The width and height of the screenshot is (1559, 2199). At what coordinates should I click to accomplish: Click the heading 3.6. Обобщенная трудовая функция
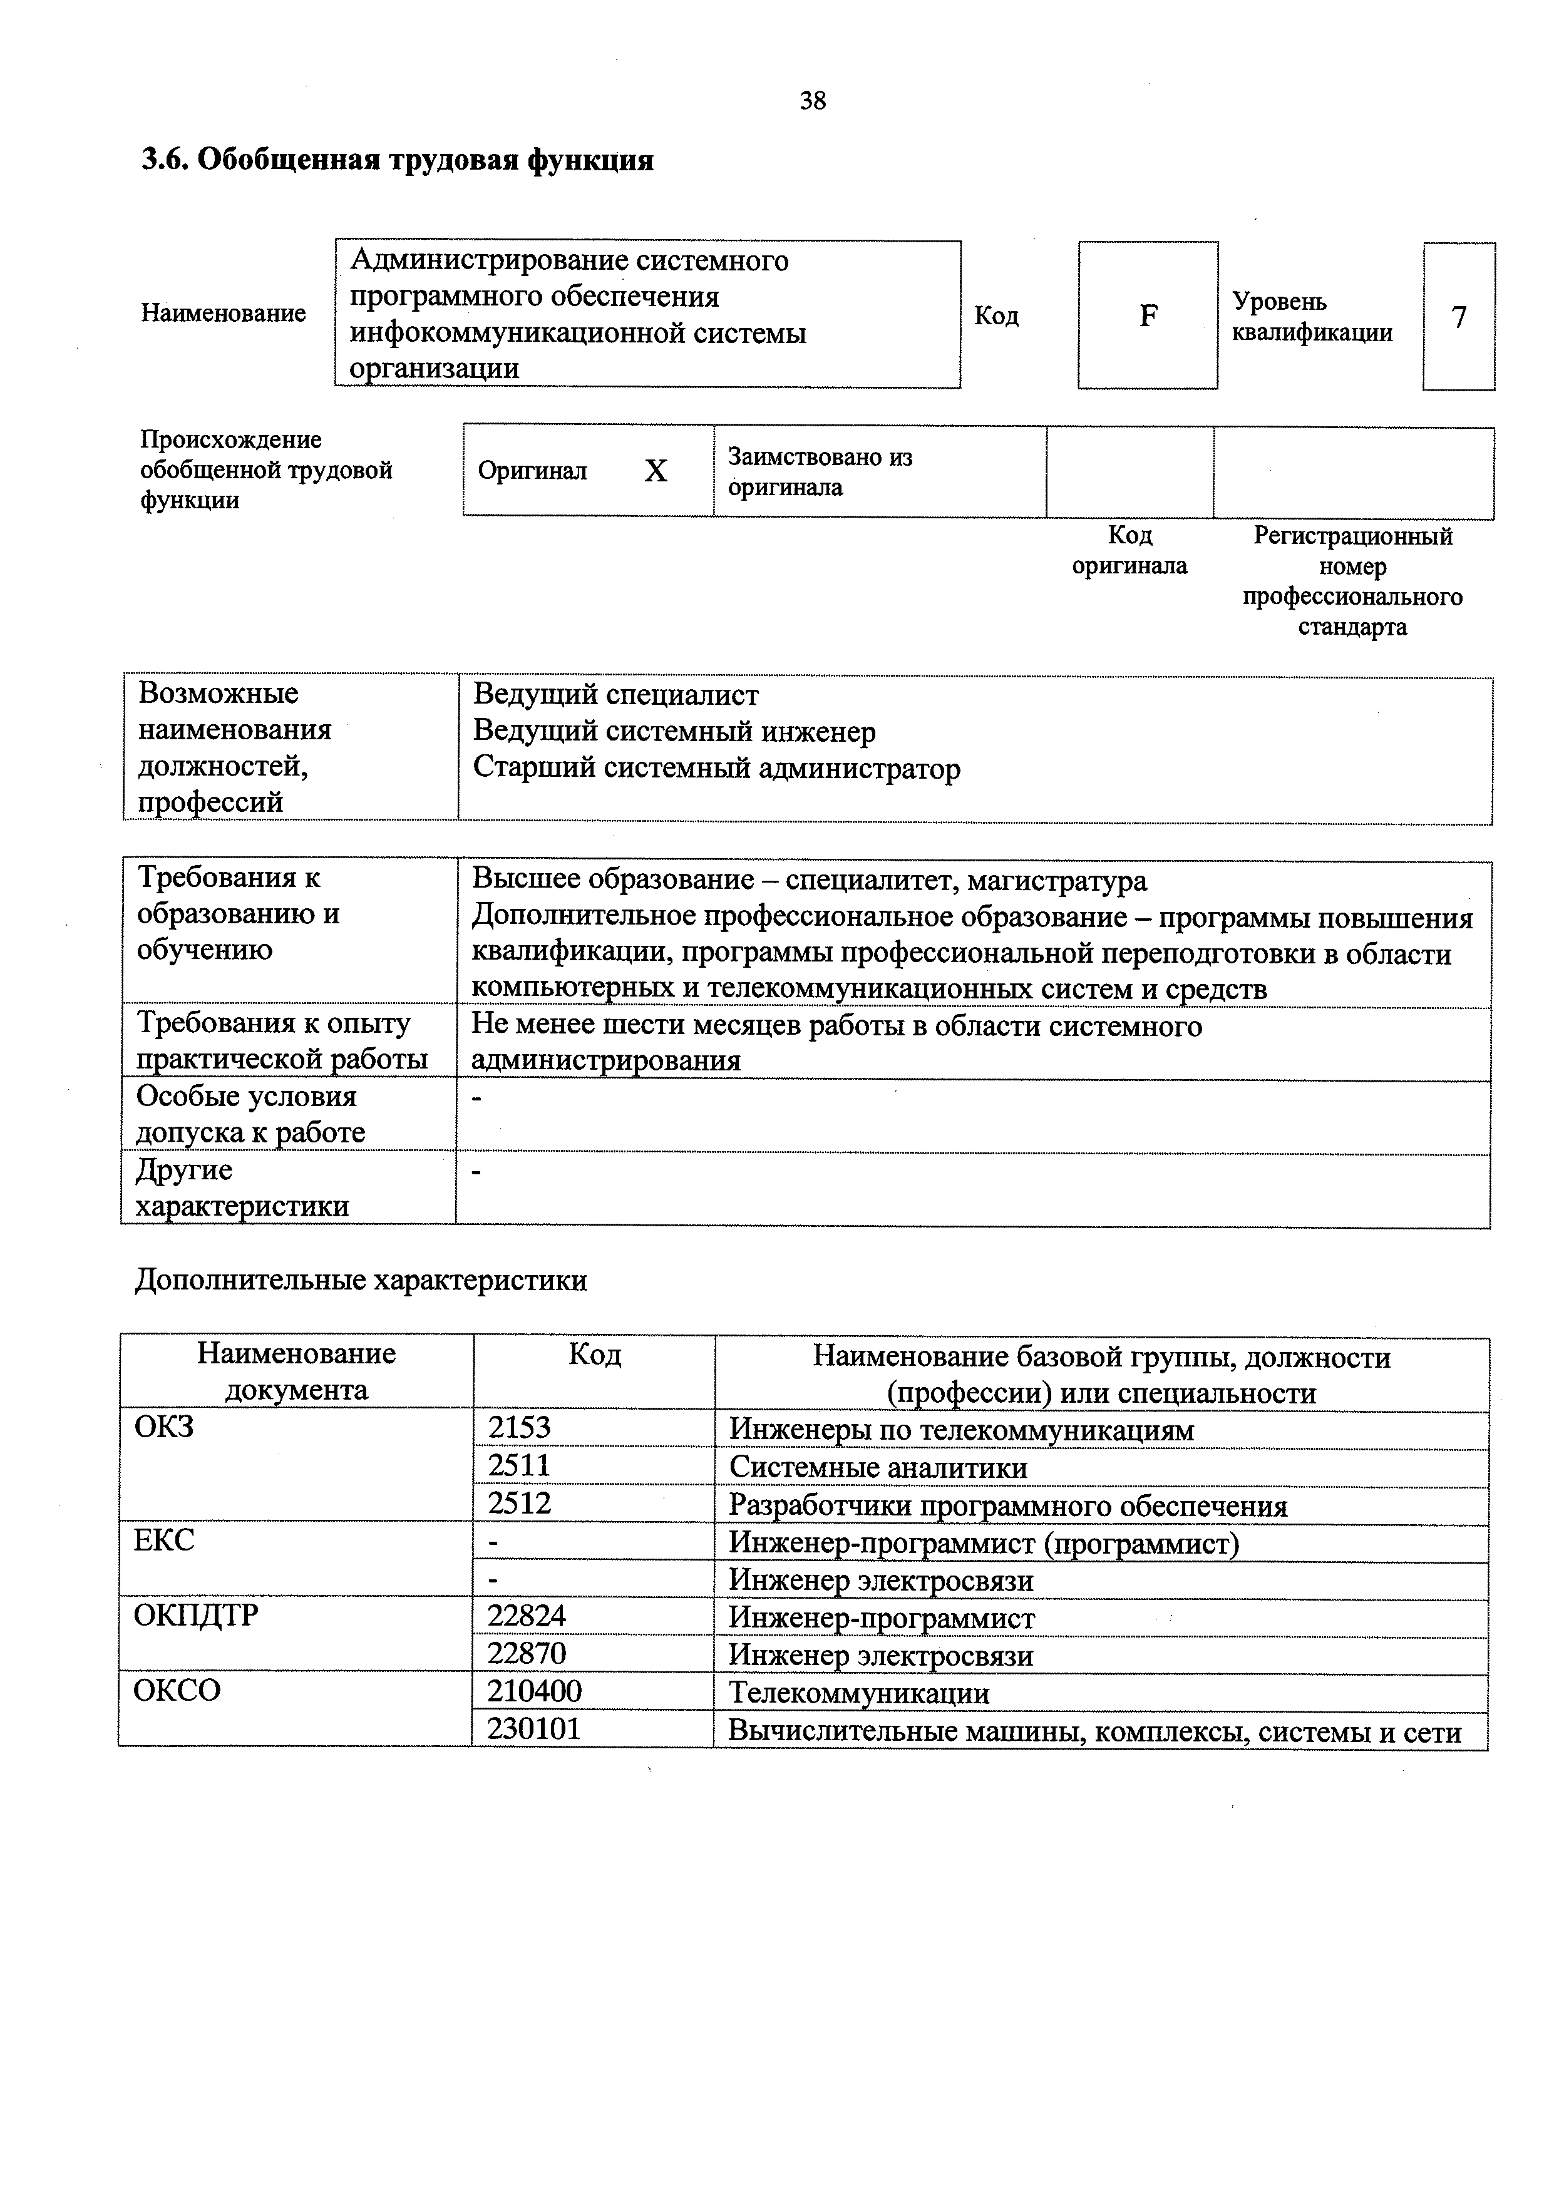point(398,160)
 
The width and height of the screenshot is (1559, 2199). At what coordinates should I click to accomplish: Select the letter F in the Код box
point(1148,315)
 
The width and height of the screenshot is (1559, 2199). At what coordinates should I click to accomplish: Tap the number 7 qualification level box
point(1458,317)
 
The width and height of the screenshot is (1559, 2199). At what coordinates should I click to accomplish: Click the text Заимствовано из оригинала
point(820,471)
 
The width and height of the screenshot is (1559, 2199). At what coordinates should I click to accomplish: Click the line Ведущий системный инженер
point(674,732)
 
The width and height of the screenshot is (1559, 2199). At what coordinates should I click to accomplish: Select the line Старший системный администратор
point(716,769)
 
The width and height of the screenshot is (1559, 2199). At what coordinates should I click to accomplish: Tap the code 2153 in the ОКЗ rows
point(519,1427)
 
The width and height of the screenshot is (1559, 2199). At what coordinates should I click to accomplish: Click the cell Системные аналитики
point(877,1467)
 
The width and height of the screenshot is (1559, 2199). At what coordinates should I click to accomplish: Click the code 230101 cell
point(533,1729)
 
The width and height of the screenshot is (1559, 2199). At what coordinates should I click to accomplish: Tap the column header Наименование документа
point(296,1371)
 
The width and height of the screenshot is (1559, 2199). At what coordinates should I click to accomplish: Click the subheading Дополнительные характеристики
point(361,1281)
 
